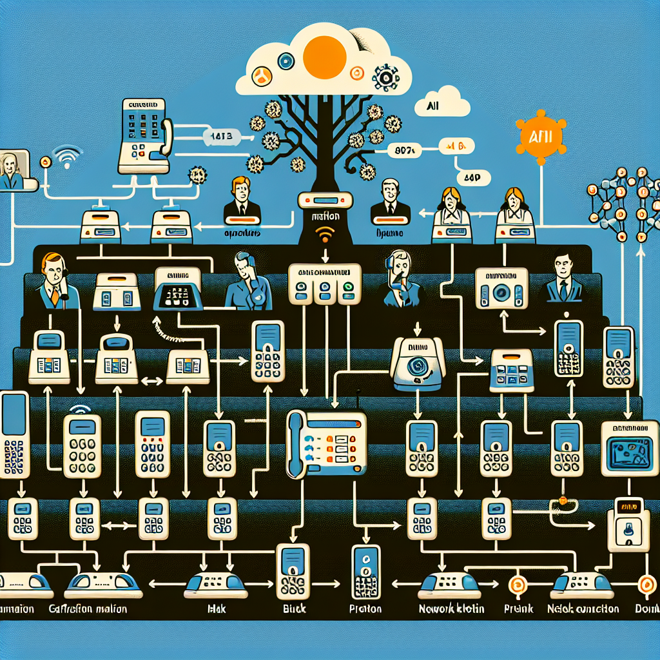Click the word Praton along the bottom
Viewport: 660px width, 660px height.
click(x=365, y=608)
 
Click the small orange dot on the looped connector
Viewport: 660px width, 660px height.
click(x=563, y=500)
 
